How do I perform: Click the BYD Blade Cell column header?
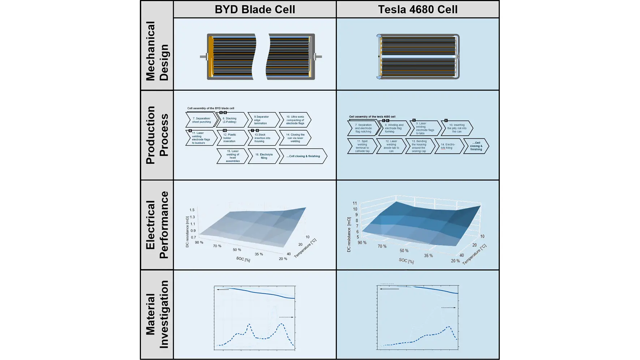click(x=255, y=9)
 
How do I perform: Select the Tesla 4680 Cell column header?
click(x=417, y=9)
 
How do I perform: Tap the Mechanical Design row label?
click(x=157, y=51)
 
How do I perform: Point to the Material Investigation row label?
click(x=157, y=314)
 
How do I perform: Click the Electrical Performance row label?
click(x=157, y=225)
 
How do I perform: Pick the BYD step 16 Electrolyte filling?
click(x=264, y=156)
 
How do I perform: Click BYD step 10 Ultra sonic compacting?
click(x=295, y=120)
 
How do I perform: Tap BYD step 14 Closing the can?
click(x=295, y=138)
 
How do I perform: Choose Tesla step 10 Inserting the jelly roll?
click(x=456, y=128)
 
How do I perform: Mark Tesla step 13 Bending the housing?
click(x=419, y=146)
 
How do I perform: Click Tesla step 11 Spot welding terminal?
click(x=362, y=146)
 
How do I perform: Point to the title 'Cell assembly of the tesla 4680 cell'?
click(x=372, y=117)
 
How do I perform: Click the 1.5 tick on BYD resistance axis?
click(x=192, y=210)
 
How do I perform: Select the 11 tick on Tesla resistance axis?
click(x=355, y=203)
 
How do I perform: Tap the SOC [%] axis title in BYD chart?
click(x=243, y=259)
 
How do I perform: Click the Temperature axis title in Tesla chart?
click(x=474, y=254)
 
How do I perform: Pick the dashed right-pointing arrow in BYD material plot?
click(x=286, y=317)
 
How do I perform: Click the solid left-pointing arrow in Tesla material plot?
click(x=389, y=289)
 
